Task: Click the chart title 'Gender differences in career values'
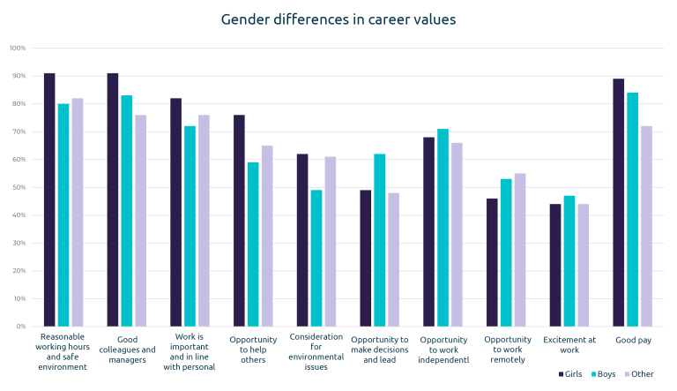(x=338, y=19)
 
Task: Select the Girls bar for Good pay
(x=619, y=202)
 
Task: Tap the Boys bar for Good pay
(x=633, y=209)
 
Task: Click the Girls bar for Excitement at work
(x=555, y=265)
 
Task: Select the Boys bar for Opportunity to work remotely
(x=506, y=252)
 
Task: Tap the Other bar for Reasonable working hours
(x=78, y=212)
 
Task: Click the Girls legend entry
(x=573, y=373)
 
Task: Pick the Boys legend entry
(x=606, y=373)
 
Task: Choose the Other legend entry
(x=641, y=373)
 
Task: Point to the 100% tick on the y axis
(x=18, y=48)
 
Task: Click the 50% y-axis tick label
(x=19, y=187)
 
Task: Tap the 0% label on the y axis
(x=21, y=327)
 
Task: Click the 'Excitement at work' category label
(x=569, y=344)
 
